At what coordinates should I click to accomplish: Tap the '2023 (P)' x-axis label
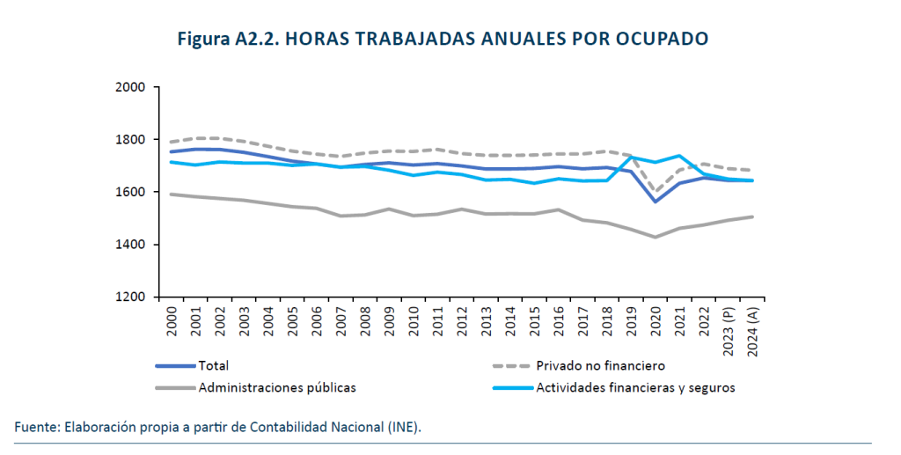click(729, 330)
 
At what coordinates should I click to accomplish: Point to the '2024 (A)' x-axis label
click(753, 330)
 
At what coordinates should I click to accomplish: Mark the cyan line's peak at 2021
click(678, 156)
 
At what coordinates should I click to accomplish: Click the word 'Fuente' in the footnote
click(34, 428)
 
